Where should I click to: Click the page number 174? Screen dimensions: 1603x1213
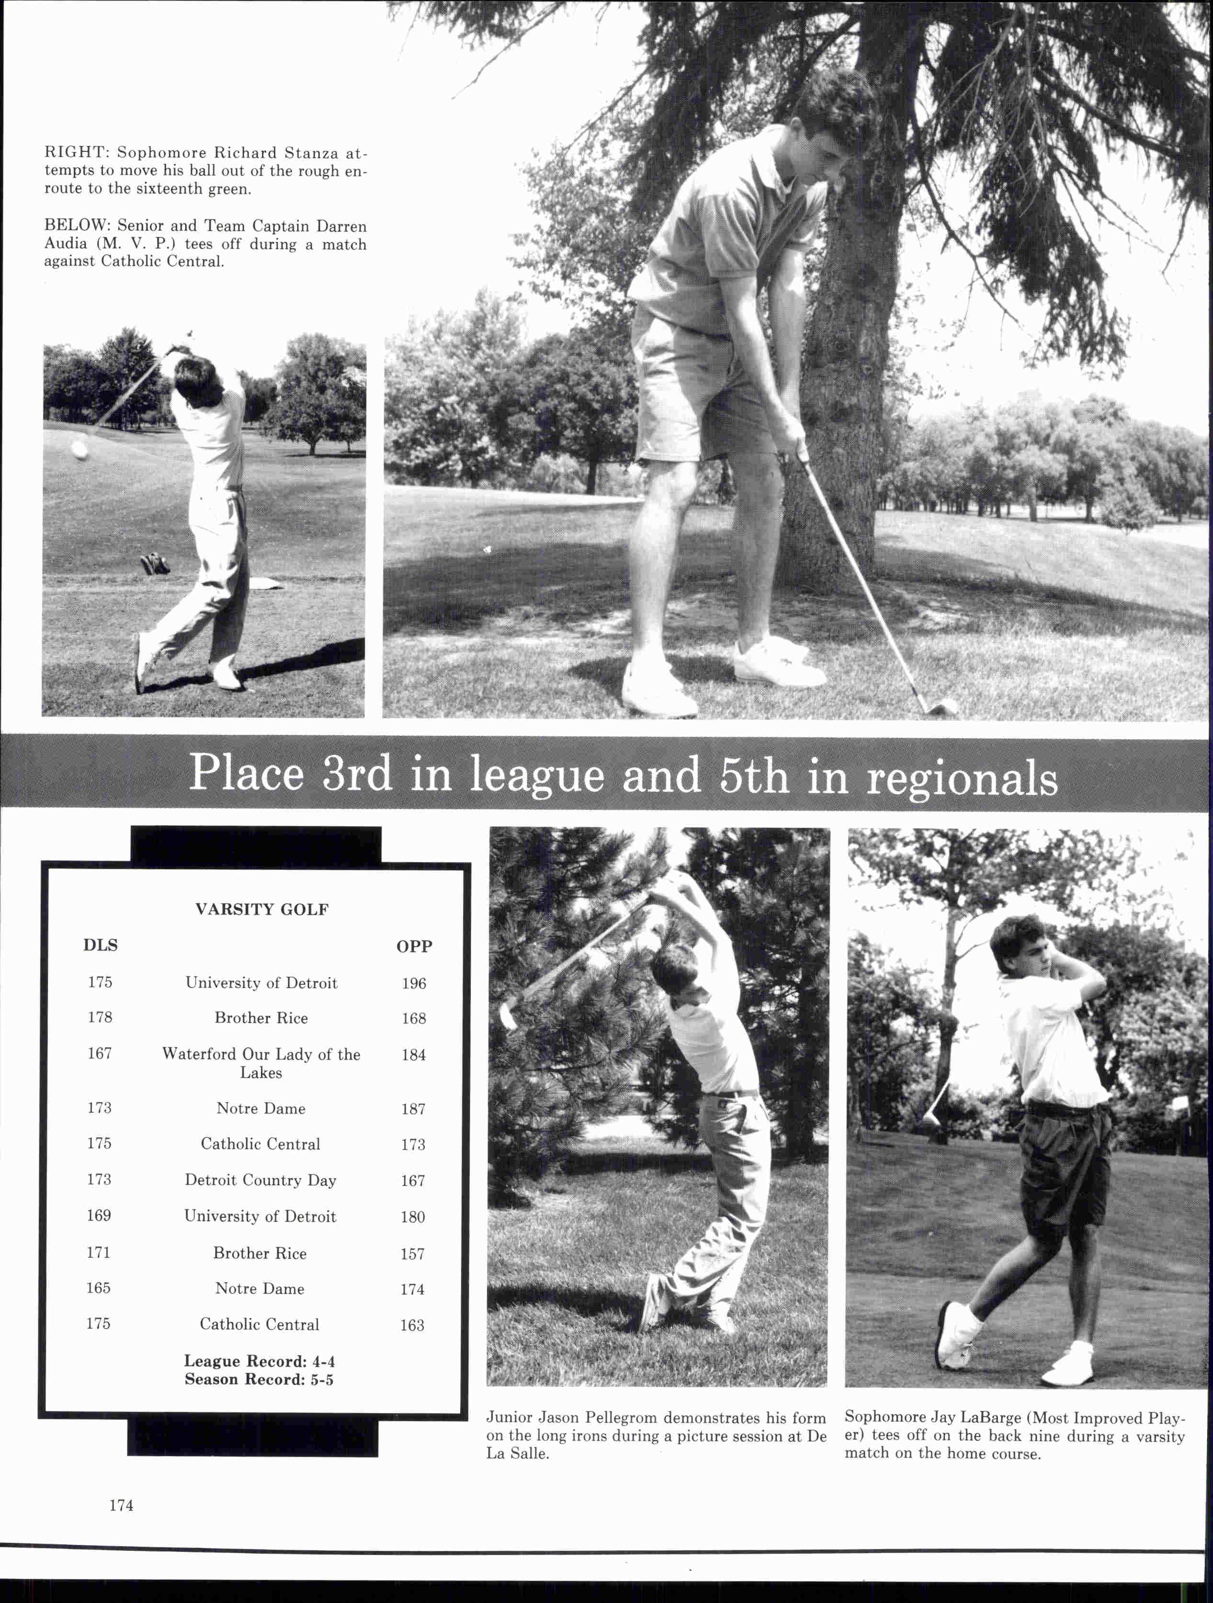[121, 1505]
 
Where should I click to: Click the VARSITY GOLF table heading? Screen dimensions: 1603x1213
[261, 910]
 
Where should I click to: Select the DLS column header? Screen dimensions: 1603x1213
[100, 945]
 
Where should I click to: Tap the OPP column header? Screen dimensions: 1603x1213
[414, 946]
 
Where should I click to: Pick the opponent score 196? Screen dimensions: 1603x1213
[414, 983]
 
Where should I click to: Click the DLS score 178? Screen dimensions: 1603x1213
[100, 1017]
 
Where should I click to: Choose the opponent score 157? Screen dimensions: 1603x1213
[412, 1254]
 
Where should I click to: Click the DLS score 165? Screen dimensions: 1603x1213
[99, 1288]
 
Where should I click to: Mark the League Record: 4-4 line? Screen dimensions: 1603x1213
[260, 1361]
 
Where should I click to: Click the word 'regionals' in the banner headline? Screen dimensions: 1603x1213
[962, 778]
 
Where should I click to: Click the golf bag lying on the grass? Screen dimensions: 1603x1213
[154, 563]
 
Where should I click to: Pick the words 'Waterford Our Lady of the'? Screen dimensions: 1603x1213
[261, 1055]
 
